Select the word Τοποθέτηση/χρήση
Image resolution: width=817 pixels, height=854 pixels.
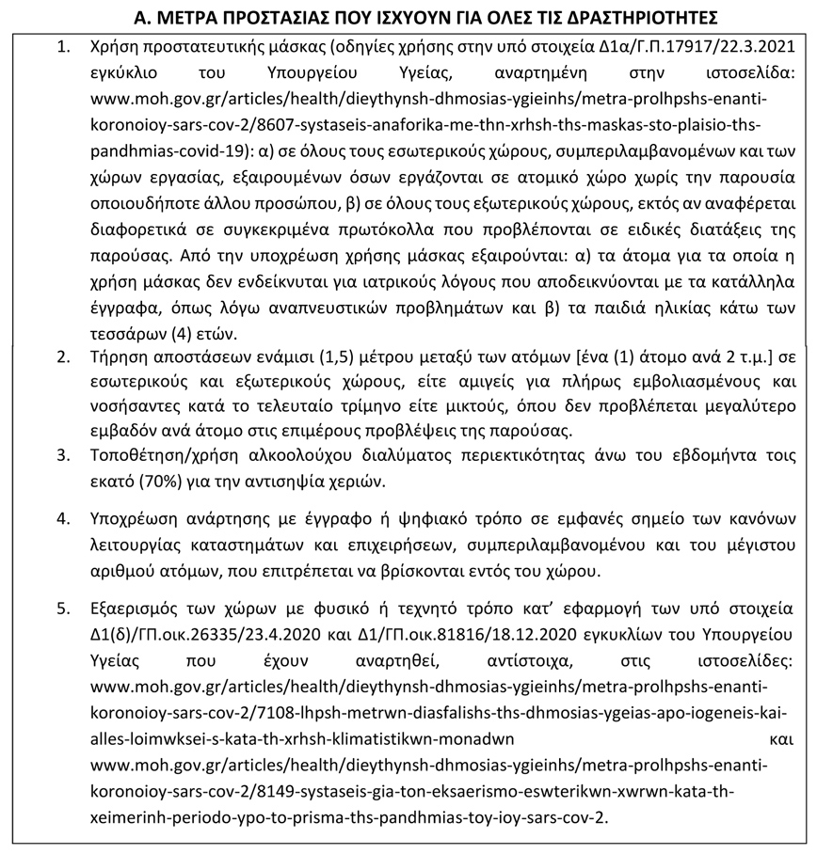coord(156,456)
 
